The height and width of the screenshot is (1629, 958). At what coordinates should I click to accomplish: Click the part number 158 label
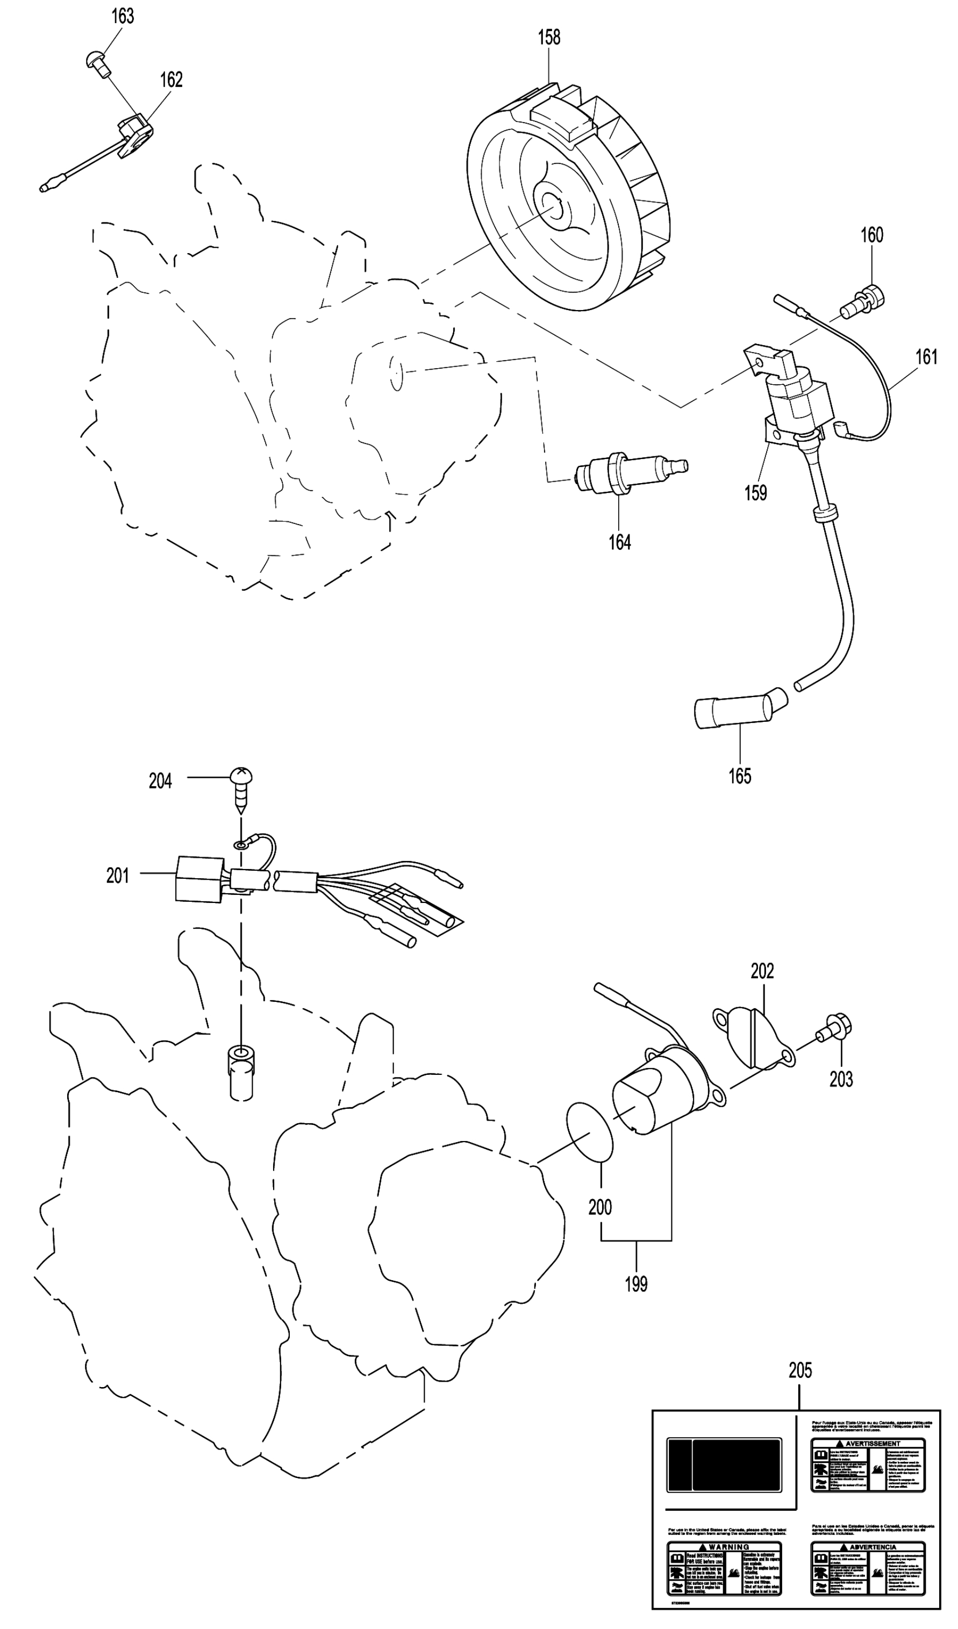pos(549,38)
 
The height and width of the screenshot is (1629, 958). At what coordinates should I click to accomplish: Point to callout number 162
pos(171,80)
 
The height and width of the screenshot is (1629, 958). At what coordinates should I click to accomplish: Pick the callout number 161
pos(926,357)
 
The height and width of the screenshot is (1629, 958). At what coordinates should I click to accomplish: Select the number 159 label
pos(755,493)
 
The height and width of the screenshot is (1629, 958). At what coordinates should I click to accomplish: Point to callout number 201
pos(118,876)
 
